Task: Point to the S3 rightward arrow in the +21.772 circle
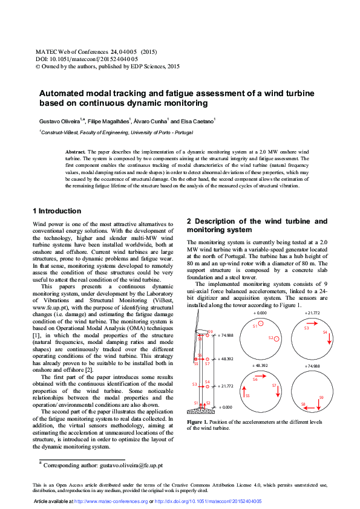pyautogui.click(x=310, y=324)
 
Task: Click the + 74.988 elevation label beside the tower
pyautogui.click(x=225, y=334)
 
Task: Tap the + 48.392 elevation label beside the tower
pyautogui.click(x=225, y=359)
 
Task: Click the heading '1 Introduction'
pyautogui.click(x=56, y=211)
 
